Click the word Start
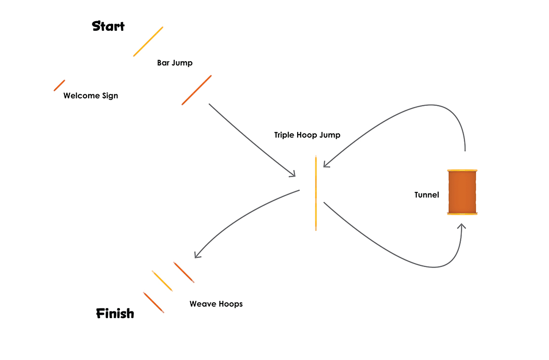tap(108, 26)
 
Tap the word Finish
tap(115, 314)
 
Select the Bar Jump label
tap(175, 63)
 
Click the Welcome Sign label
tap(91, 96)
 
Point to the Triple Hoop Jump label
tap(307, 135)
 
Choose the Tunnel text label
tap(427, 195)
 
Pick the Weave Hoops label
tap(216, 304)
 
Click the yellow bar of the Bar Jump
tap(148, 41)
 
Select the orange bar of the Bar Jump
tap(196, 90)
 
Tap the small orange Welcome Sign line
tap(59, 85)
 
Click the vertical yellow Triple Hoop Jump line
tap(316, 193)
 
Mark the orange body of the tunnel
tap(462, 192)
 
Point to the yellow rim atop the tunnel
tap(462, 170)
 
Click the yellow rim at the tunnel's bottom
tap(462, 214)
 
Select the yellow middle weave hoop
tap(162, 281)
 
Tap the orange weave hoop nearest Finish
tap(154, 302)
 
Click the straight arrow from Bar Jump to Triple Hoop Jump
tap(250, 140)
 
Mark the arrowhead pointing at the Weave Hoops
tap(197, 255)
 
